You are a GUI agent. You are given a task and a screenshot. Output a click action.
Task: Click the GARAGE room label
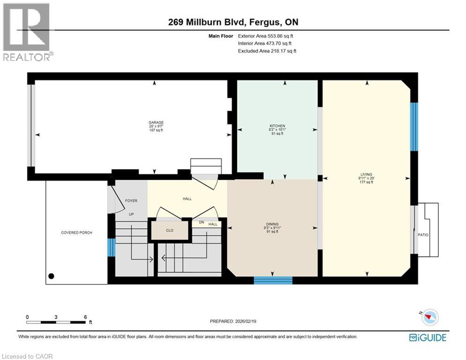pyautogui.click(x=156, y=123)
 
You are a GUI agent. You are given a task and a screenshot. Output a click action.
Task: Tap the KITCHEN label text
pyautogui.click(x=277, y=126)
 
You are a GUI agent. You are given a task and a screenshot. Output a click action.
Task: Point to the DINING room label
pyautogui.click(x=273, y=224)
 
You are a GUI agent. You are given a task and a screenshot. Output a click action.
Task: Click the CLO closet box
pyautogui.click(x=170, y=230)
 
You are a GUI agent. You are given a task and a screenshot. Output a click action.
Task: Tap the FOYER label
pyautogui.click(x=131, y=201)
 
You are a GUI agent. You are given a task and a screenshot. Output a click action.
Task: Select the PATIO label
pyautogui.click(x=423, y=235)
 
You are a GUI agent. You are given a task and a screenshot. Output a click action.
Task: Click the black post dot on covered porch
pyautogui.click(x=51, y=276)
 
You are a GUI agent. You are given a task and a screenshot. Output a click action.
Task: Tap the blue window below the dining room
pyautogui.click(x=273, y=280)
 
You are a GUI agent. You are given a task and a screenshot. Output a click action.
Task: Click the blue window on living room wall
pyautogui.click(x=414, y=127)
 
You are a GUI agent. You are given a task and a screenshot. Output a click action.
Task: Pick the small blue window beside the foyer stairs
pyautogui.click(x=111, y=247)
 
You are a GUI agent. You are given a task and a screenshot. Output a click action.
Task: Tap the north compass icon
pyautogui.click(x=430, y=318)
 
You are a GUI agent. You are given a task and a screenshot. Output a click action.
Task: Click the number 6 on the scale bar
pyautogui.click(x=85, y=317)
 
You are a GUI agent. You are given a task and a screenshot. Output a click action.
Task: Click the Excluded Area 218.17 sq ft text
pyautogui.click(x=267, y=51)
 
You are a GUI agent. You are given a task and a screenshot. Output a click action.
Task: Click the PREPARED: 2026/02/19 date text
pyautogui.click(x=234, y=321)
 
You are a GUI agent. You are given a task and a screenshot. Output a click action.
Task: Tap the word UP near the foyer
pyautogui.click(x=132, y=214)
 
